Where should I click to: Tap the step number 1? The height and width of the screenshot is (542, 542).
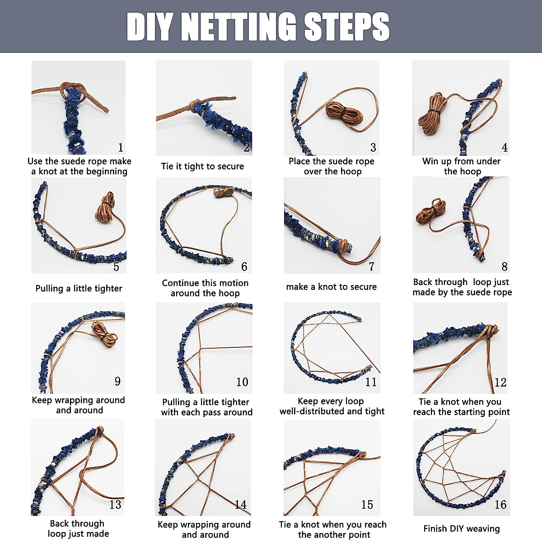point(121,148)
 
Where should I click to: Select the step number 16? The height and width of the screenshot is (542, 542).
point(500,505)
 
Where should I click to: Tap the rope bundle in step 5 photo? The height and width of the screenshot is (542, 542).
point(106,207)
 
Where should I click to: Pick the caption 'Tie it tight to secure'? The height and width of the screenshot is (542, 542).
point(202,166)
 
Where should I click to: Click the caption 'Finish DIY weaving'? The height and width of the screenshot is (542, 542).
point(461,528)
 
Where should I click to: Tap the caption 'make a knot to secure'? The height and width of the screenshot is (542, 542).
point(331,287)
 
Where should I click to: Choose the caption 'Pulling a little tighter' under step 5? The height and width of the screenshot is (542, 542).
point(79,289)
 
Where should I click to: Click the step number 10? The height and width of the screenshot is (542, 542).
point(242,382)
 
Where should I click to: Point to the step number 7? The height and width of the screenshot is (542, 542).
point(371,266)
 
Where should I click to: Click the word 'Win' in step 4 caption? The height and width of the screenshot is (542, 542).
point(431,161)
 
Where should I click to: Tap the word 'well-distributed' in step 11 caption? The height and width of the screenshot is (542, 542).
point(312,411)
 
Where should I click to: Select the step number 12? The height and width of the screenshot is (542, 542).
point(500,383)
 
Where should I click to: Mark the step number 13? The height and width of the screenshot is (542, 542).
point(115,505)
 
